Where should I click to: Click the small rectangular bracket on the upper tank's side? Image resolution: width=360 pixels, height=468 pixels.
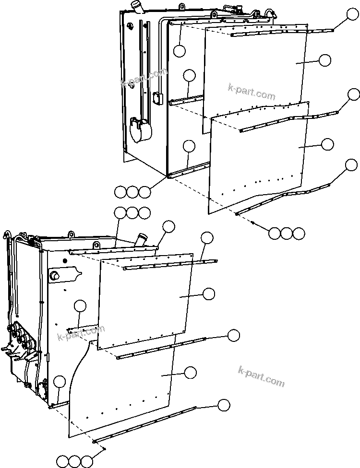(x=156, y=98)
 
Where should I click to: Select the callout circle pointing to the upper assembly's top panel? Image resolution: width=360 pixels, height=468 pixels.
(x=325, y=60)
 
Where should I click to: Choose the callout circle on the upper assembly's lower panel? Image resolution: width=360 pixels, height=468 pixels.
(x=327, y=144)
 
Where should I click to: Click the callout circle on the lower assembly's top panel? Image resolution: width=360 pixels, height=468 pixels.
(x=209, y=294)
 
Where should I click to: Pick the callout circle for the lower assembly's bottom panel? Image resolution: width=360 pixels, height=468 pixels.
(x=191, y=372)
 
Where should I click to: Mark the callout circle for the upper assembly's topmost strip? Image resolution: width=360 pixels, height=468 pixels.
(x=353, y=15)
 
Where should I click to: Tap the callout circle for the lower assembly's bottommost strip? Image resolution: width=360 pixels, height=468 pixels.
(x=223, y=405)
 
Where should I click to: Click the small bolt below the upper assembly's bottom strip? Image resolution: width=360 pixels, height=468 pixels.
(x=253, y=222)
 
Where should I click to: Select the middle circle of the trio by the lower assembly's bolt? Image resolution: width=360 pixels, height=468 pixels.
(x=74, y=461)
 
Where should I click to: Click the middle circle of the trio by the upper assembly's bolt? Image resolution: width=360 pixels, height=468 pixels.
(x=287, y=234)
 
